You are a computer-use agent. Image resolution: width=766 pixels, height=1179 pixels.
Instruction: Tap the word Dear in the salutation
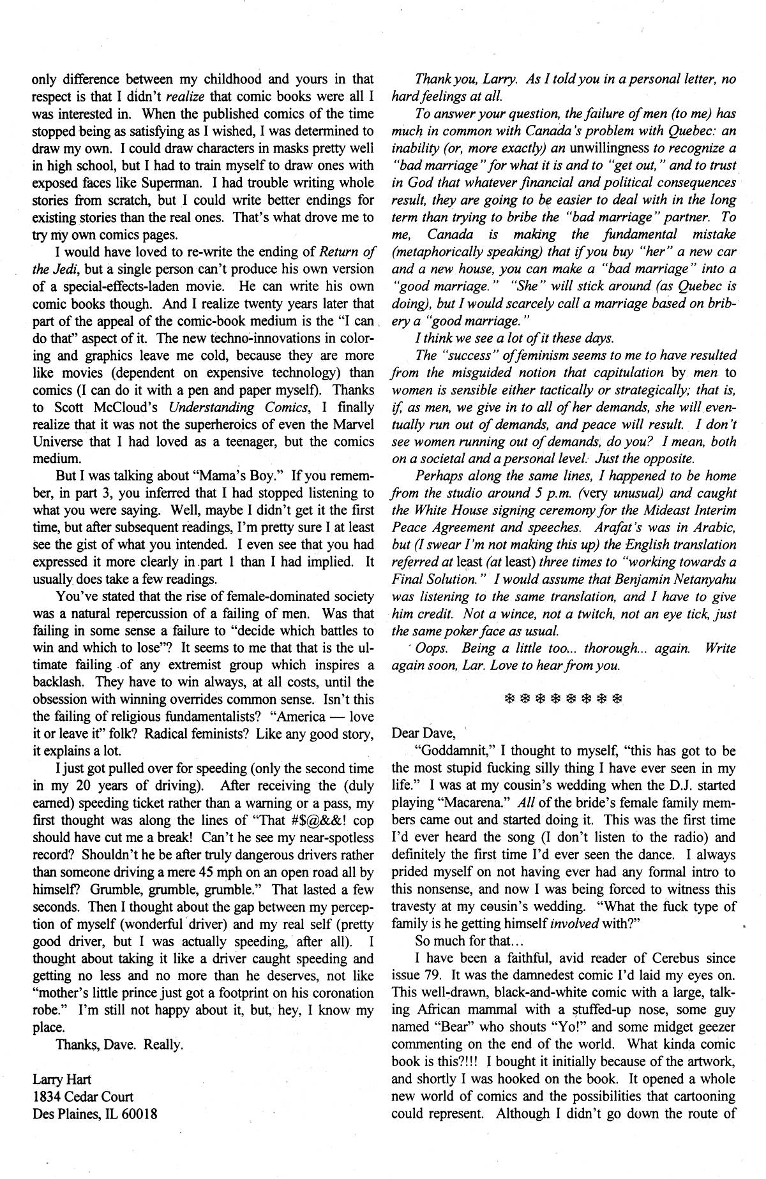405,733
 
